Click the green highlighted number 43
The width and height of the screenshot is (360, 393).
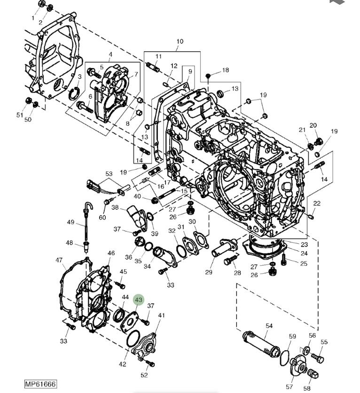(x=139, y=300)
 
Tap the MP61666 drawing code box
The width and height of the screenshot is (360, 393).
(x=40, y=384)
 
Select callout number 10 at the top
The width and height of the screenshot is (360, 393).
(x=180, y=41)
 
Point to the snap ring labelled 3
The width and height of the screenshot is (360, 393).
(x=74, y=93)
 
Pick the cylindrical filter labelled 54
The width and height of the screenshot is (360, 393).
(x=261, y=345)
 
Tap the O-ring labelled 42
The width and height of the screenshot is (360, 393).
(x=133, y=339)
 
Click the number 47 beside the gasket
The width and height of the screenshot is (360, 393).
(x=59, y=261)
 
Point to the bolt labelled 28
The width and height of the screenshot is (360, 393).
(x=231, y=260)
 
